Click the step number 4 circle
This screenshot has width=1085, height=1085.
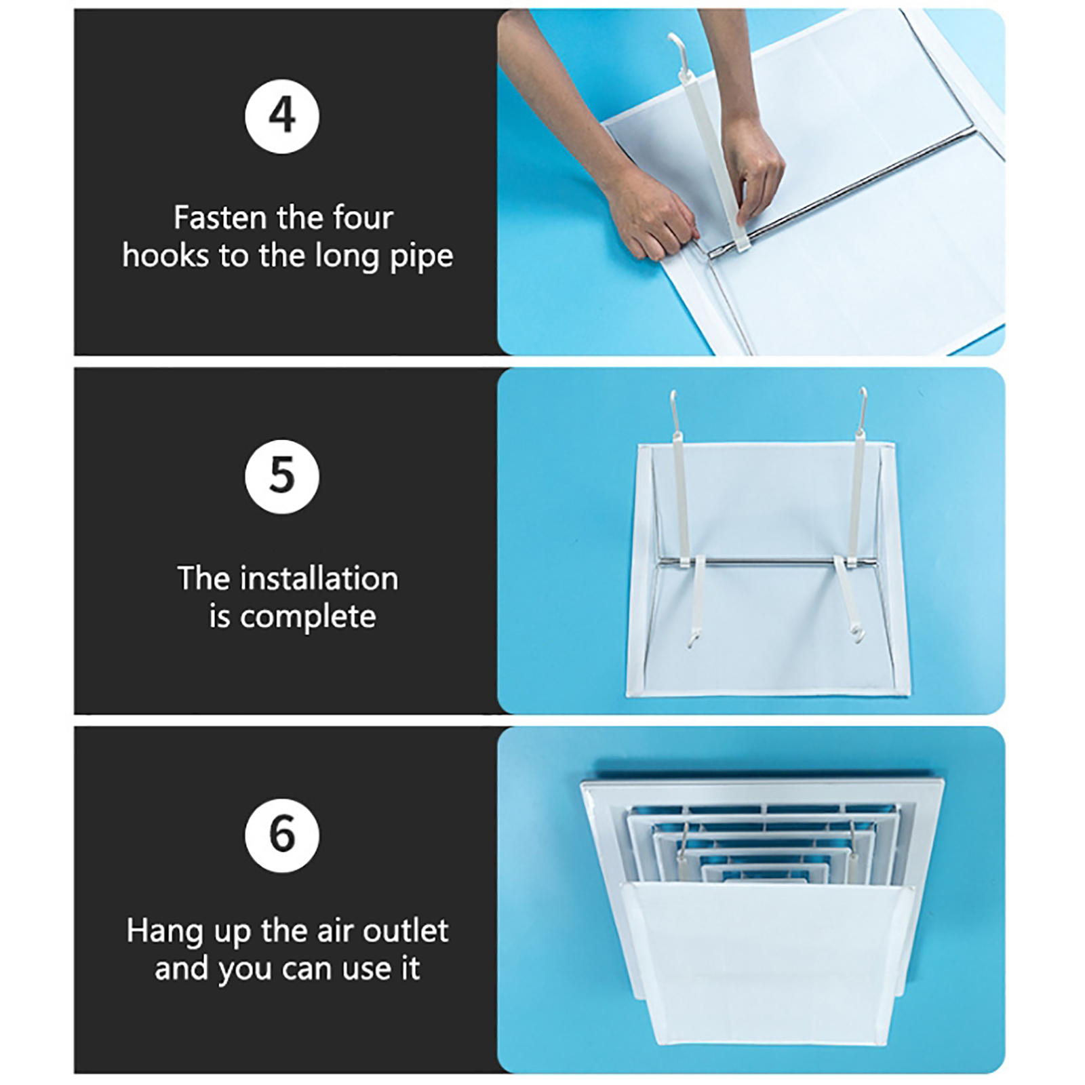coord(281,116)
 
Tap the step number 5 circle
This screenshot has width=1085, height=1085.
coord(281,476)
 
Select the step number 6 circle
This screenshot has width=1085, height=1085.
coord(281,835)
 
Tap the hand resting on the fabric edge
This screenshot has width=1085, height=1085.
coord(651,217)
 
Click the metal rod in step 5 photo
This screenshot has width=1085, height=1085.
coord(766,561)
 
